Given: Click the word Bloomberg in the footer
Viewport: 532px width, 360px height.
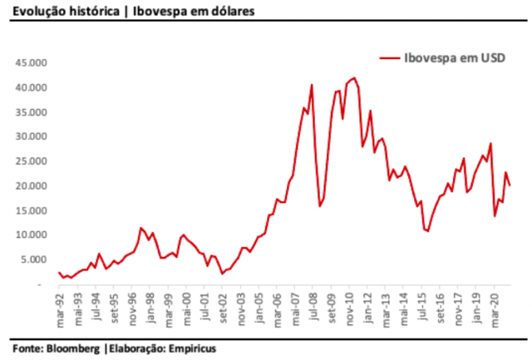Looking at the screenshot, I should click(x=73, y=348).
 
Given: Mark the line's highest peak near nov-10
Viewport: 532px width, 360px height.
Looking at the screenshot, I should click(x=355, y=78).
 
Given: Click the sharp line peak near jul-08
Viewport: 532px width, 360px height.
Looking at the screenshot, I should click(x=312, y=85).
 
